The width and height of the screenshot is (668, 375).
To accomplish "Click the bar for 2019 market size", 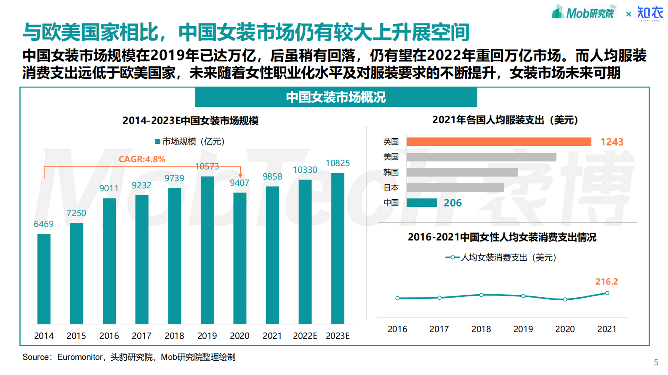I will (207, 250).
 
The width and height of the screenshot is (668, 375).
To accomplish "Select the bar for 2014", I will (44, 278).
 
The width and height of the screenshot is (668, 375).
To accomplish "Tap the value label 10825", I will (338, 163).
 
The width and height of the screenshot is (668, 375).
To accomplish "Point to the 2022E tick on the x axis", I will (305, 336).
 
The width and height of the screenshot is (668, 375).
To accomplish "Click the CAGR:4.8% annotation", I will (142, 159).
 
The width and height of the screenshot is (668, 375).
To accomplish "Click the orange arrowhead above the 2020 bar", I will (240, 175).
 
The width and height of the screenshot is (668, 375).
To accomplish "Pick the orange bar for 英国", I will (499, 142).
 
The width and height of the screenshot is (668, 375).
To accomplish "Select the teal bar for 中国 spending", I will (422, 203).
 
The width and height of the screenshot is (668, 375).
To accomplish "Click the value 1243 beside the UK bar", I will (612, 142).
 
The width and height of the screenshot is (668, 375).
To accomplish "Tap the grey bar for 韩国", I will (462, 172).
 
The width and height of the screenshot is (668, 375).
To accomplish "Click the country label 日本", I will (391, 187).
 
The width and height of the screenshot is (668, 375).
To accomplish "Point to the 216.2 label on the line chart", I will (607, 282).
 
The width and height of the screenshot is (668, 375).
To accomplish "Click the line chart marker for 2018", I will (481, 295).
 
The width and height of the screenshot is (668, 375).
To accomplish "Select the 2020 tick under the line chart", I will (565, 329).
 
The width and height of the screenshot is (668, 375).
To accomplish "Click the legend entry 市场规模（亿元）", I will (190, 142).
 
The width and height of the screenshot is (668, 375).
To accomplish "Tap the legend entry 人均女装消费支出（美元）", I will (502, 257).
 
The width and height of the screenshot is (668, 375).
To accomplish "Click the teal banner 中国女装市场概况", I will (336, 97).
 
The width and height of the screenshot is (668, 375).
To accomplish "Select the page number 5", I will (656, 362).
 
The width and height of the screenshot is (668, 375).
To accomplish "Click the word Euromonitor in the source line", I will (80, 357).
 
